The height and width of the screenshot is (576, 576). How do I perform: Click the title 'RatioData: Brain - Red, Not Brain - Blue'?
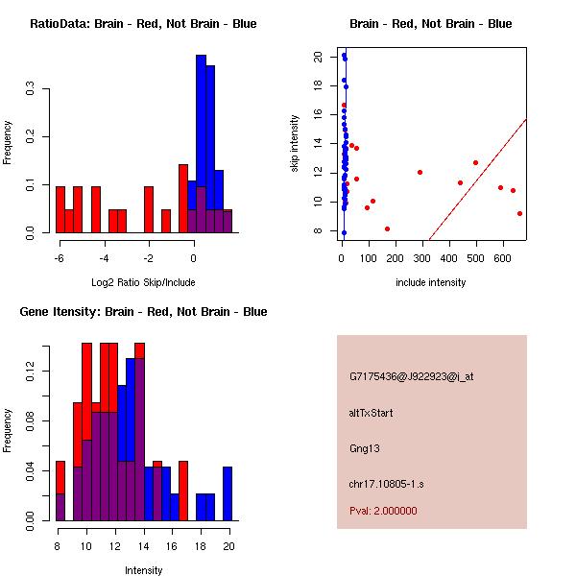tap(143, 23)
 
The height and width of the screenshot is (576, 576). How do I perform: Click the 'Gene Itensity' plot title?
tap(142, 312)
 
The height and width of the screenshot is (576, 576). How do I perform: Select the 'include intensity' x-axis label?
tap(431, 282)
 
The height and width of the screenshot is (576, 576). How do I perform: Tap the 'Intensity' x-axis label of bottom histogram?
tap(144, 570)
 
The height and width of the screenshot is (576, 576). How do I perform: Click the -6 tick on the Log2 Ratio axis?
tap(60, 257)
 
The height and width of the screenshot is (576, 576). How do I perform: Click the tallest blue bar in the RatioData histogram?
tap(201, 144)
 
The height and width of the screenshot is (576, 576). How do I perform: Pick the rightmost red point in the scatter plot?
tap(519, 213)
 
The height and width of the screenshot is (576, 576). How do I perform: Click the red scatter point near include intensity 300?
tap(420, 172)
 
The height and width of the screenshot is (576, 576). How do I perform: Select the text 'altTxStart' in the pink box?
tap(372, 413)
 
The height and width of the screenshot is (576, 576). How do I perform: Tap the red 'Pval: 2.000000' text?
tap(383, 511)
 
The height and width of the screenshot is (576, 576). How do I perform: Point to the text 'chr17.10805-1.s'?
tap(385, 484)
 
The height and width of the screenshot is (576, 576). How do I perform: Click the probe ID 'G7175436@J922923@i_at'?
tap(411, 376)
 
